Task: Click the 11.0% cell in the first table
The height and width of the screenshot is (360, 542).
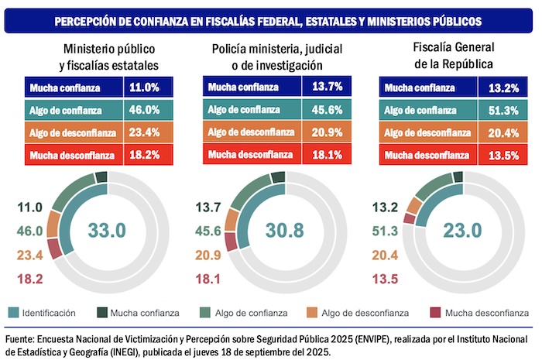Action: point(145,88)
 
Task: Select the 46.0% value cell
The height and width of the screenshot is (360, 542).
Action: point(145,111)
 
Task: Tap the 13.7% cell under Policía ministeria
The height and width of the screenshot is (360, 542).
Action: point(325,88)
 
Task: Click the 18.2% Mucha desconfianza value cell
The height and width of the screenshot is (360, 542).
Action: point(145,156)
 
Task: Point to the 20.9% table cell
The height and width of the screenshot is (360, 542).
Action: point(325,133)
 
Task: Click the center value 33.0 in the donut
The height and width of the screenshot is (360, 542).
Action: point(108,229)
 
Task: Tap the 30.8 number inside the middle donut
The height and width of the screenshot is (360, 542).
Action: point(284,229)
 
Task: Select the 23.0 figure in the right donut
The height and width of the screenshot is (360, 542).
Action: point(461,229)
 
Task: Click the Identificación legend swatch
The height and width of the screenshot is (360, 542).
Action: point(12,313)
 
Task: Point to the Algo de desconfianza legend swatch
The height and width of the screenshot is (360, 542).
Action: point(336,313)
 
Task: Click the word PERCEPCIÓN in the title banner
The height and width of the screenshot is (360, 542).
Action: point(90,20)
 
